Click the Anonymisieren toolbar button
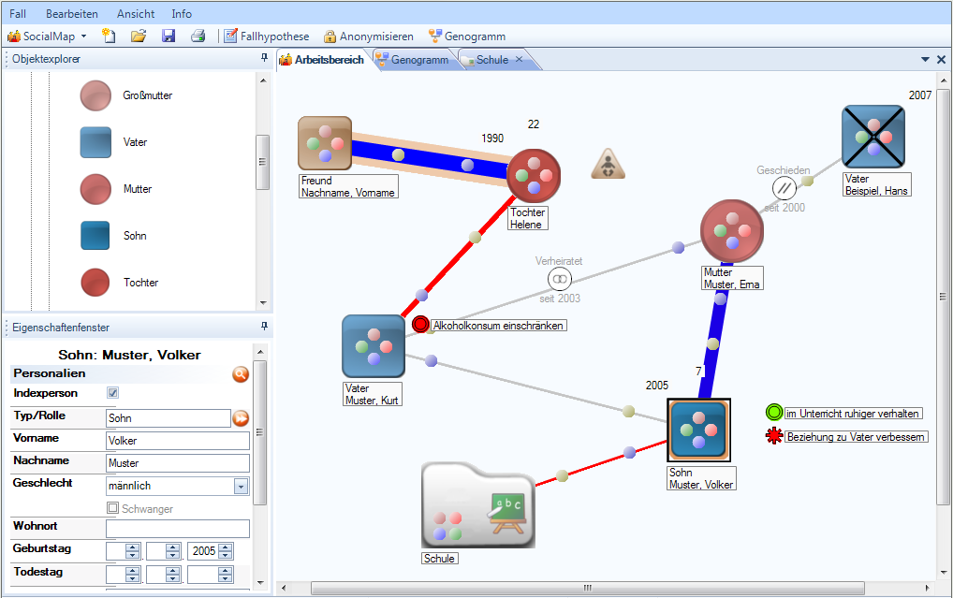[368, 36]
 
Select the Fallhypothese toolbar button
[266, 36]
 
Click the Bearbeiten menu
[72, 13]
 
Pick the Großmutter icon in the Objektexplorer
[95, 95]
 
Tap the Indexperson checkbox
[112, 393]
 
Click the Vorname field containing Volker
[178, 441]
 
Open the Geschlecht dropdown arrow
[242, 486]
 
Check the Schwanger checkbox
[112, 507]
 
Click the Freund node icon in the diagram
[325, 143]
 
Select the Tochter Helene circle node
[534, 176]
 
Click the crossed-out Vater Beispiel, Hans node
[873, 137]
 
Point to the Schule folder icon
[478, 505]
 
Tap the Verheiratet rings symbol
[559, 279]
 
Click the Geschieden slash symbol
[784, 188]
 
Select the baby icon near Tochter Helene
[608, 164]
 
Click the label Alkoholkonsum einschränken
[498, 326]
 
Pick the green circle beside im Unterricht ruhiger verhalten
[773, 413]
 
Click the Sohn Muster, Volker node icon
[699, 430]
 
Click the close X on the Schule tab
[519, 59]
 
